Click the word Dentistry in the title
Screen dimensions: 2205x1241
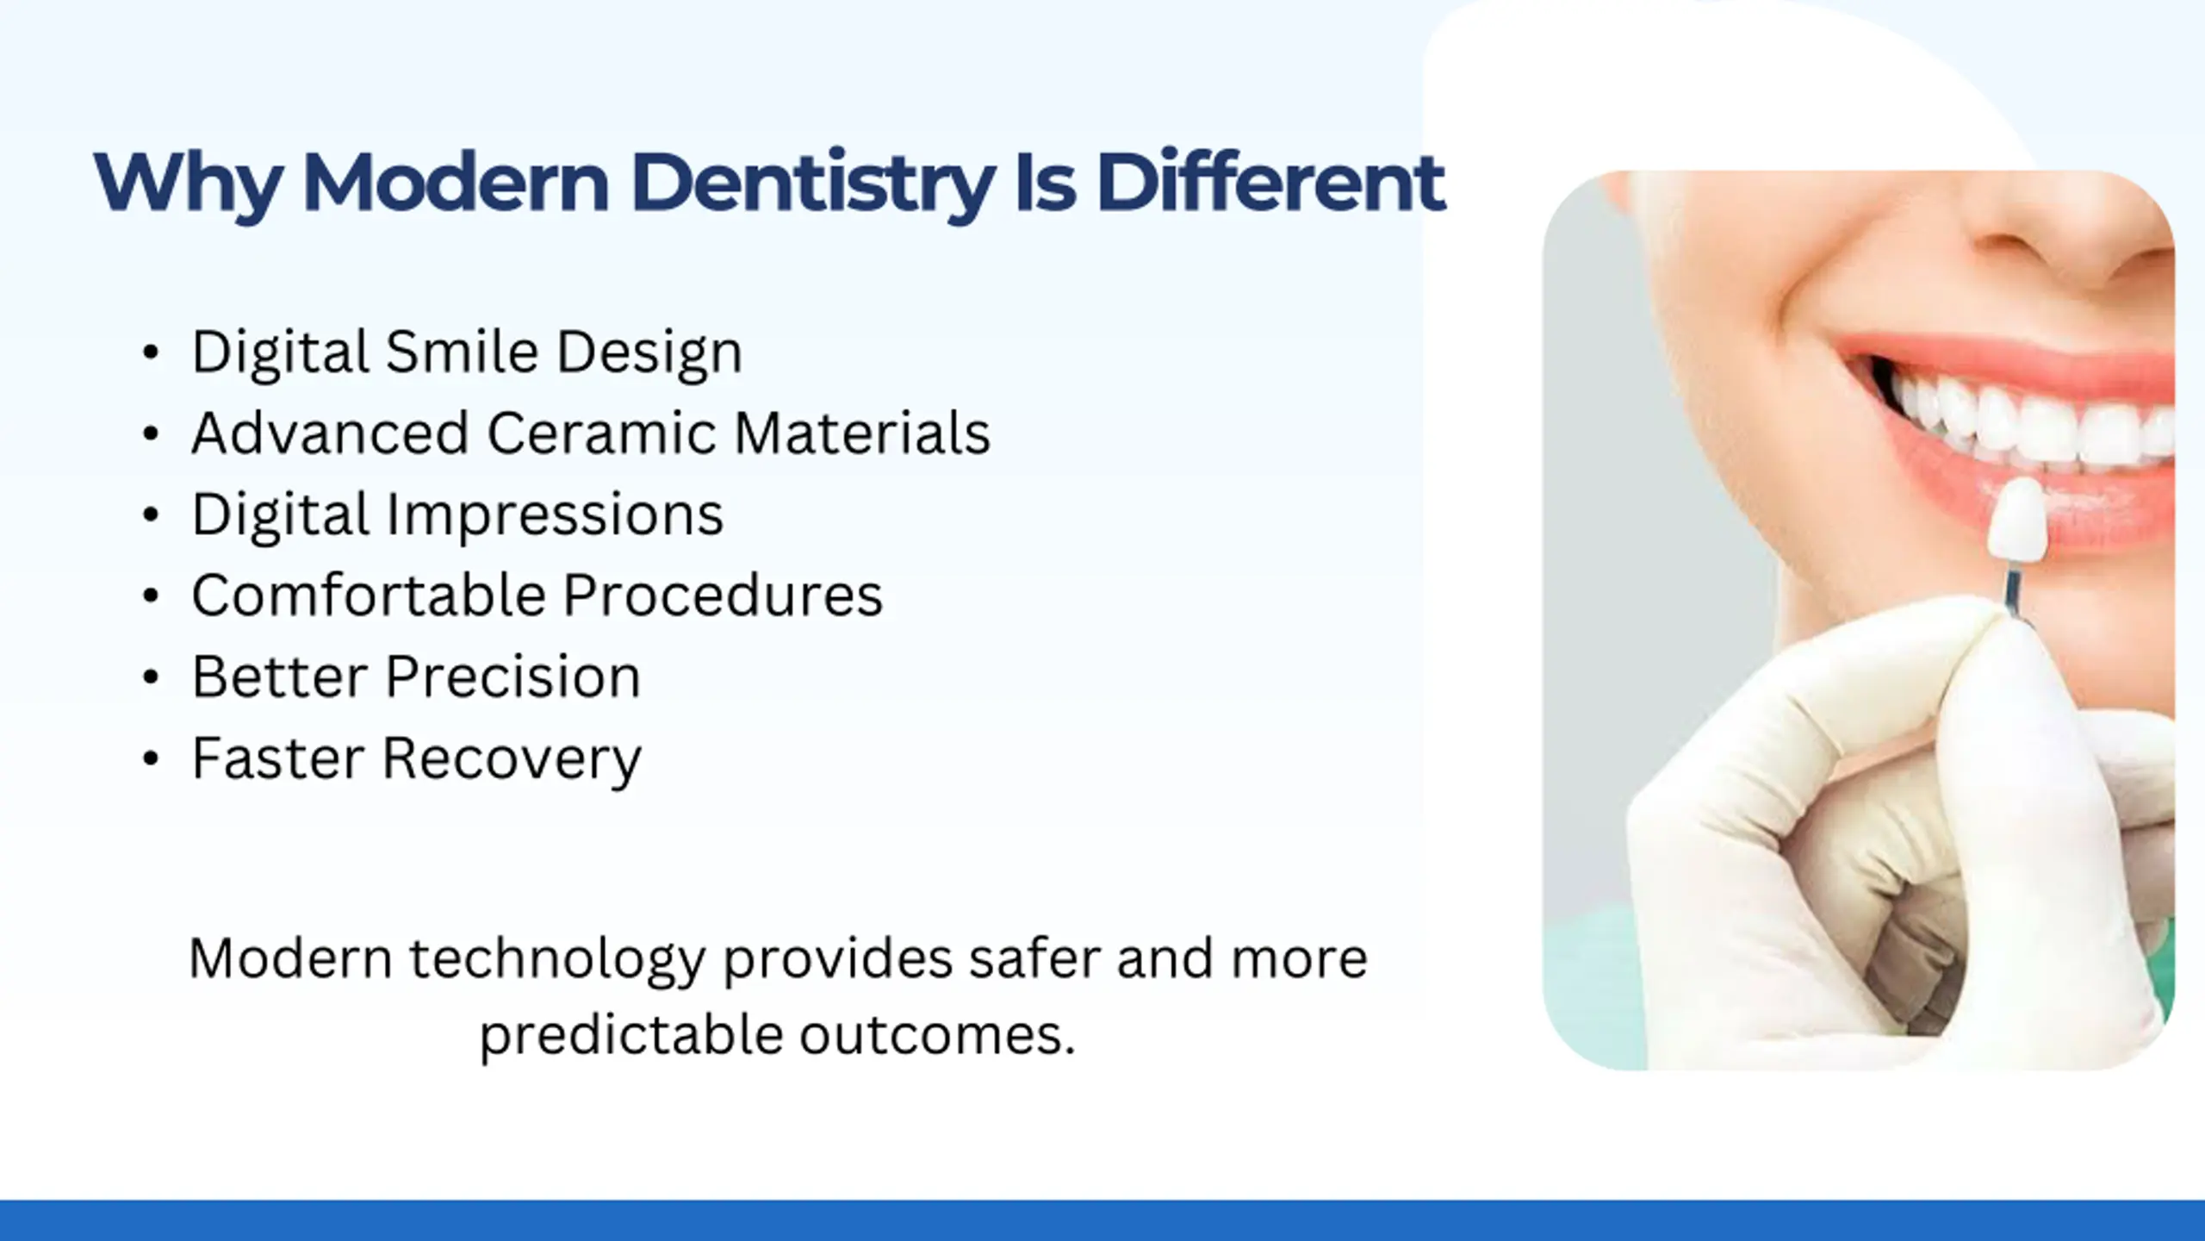tap(812, 183)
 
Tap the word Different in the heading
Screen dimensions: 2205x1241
tap(1270, 182)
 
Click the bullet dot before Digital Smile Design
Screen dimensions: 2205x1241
tap(151, 352)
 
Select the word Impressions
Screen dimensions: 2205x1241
tap(555, 515)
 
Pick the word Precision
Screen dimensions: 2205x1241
tap(513, 677)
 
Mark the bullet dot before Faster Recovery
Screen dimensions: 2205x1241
tap(151, 758)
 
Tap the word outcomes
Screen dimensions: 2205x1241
tap(938, 1035)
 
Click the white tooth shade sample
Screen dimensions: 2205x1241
tap(2017, 521)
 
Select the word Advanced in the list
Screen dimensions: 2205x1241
tap(331, 433)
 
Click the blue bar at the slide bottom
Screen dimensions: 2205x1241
tap(1102, 1220)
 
